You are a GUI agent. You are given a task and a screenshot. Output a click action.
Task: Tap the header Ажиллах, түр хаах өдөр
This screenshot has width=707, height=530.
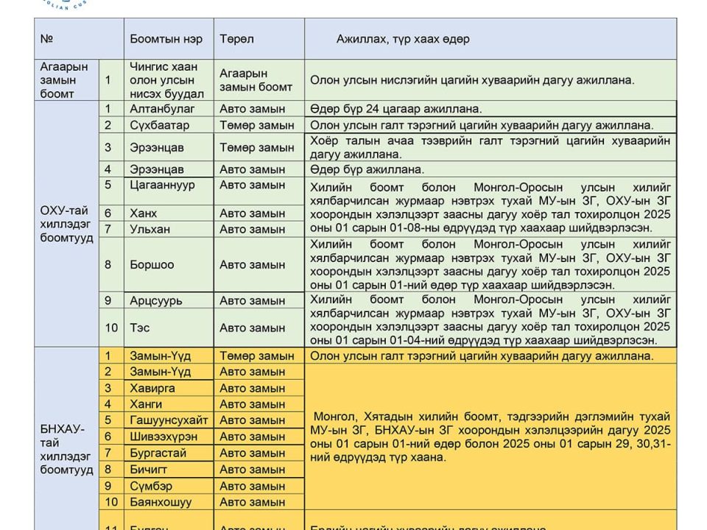click(403, 38)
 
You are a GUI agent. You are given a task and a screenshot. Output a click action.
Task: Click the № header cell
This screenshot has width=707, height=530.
click(46, 38)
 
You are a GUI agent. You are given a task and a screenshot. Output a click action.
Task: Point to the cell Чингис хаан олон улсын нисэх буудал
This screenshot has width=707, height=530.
click(162, 80)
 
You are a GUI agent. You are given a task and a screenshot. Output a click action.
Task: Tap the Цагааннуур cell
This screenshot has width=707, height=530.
click(163, 185)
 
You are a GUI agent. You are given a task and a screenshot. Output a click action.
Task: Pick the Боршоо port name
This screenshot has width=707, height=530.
click(152, 264)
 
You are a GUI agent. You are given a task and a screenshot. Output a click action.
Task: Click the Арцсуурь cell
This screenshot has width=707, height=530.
click(156, 300)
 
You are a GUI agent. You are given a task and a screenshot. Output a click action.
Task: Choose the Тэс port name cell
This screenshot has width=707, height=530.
click(140, 328)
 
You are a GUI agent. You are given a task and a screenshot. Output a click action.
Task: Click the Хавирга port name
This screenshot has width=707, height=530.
click(152, 388)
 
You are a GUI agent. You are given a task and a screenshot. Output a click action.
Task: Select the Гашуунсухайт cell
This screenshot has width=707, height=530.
click(169, 420)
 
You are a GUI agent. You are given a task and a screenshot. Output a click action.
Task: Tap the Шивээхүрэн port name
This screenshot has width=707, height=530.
click(163, 437)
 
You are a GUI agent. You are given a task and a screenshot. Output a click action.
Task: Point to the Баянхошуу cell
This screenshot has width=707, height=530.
click(161, 502)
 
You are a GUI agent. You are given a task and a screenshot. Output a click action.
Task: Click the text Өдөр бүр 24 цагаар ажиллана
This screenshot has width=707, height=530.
click(396, 109)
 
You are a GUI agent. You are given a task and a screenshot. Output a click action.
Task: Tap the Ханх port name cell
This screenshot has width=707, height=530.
click(144, 213)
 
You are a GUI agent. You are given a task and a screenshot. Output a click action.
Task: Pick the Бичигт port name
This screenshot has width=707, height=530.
click(149, 470)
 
